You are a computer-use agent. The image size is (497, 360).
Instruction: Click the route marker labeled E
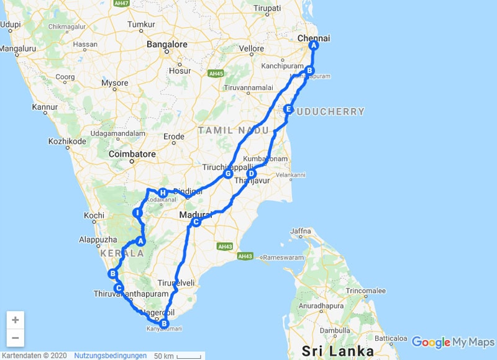point(288,109)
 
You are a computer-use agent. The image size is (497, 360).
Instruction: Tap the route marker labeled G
point(228,174)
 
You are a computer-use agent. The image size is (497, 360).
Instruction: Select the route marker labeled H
point(162,192)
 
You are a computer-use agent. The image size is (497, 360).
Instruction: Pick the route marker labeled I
point(138,214)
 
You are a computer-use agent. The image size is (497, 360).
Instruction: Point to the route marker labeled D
point(252,174)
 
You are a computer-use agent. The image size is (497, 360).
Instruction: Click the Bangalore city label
point(167,45)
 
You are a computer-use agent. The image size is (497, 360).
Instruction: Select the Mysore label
point(115,83)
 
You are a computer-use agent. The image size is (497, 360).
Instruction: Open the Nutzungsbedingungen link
point(111,356)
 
